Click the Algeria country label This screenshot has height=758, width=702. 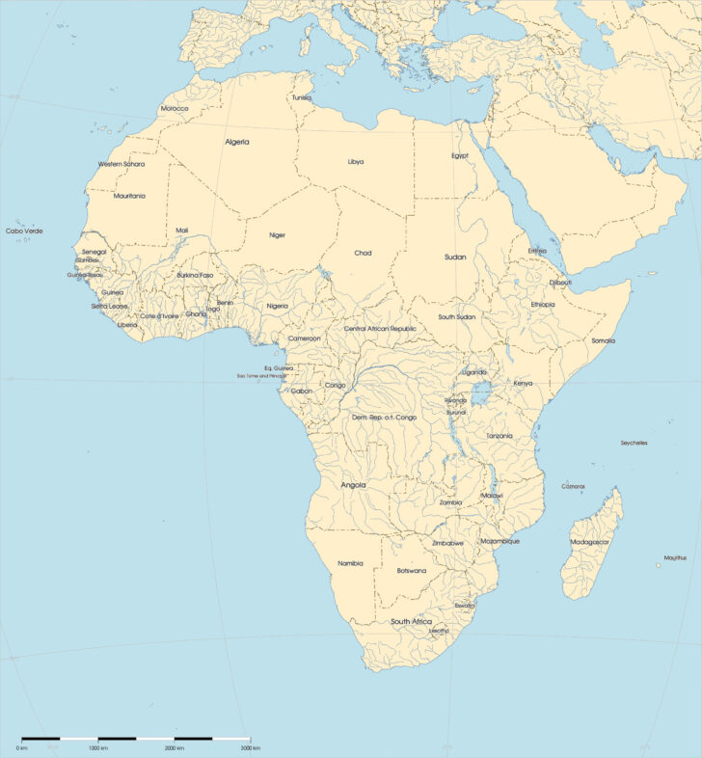point(237,142)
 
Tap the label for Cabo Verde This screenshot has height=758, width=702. point(25,230)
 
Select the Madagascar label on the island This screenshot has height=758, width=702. point(590,542)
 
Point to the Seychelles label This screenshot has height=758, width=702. point(634,443)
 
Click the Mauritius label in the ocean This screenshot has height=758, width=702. point(675,557)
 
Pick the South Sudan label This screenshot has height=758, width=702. point(456,316)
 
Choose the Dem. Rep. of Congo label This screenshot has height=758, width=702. point(384,417)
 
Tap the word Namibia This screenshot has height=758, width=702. point(350,563)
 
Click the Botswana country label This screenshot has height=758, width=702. point(412,570)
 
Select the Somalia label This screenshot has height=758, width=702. point(603,340)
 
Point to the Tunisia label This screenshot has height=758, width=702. point(302,97)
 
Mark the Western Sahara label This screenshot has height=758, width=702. point(121,164)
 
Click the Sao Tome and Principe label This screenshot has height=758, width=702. point(263,375)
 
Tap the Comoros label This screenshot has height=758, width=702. point(573,486)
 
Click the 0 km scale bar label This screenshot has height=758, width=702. point(21,748)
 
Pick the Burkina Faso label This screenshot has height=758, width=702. point(195,275)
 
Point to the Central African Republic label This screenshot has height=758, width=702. point(380,329)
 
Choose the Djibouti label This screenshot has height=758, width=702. point(560,283)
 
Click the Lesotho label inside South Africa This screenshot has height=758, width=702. point(439,631)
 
